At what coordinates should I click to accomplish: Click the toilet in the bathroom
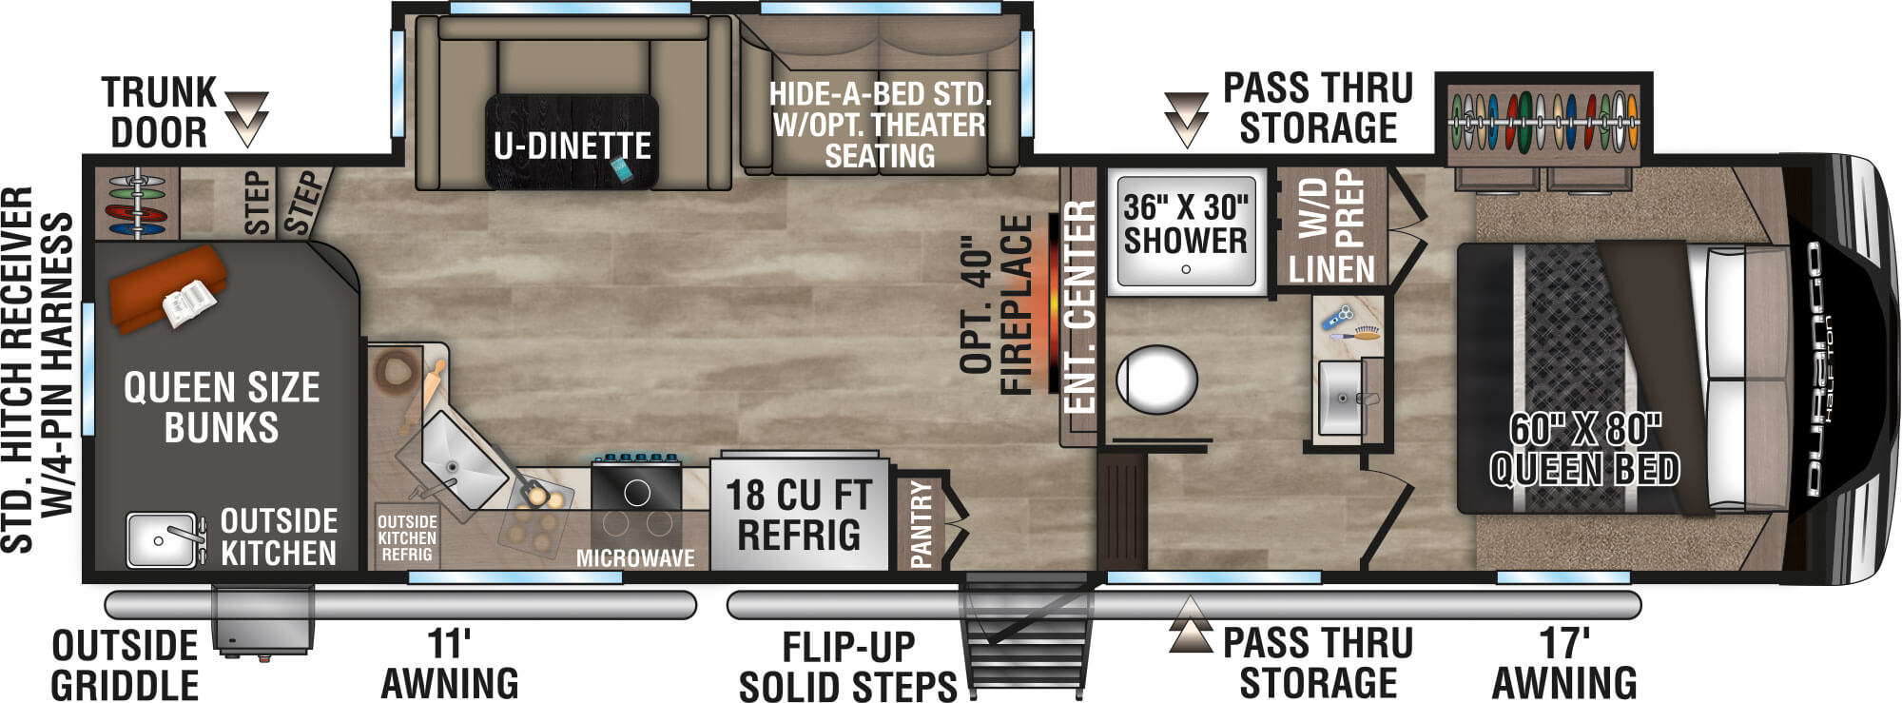[1156, 379]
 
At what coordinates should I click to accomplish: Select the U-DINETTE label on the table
[572, 146]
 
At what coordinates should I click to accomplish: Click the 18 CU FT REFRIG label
[798, 515]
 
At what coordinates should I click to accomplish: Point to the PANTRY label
[922, 523]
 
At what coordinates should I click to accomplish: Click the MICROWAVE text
[635, 558]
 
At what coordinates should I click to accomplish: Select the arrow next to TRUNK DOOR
[246, 118]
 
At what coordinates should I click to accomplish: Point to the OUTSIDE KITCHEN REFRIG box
[407, 537]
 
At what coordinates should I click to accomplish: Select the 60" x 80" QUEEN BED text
[1584, 450]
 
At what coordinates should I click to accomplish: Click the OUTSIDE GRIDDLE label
[125, 665]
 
